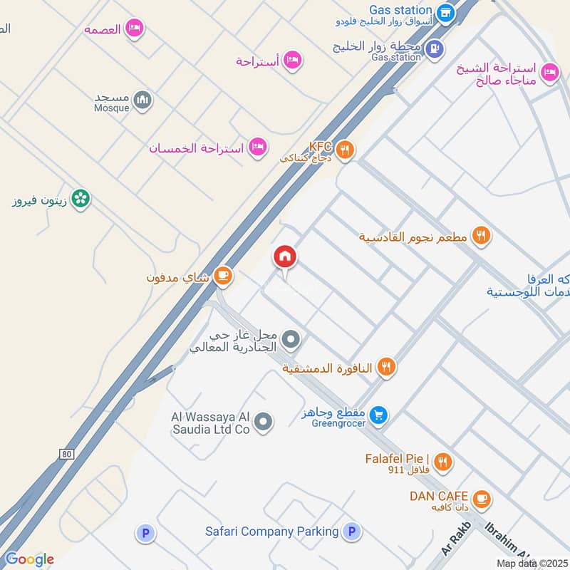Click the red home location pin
285,257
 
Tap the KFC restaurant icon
345,150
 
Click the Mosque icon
142,100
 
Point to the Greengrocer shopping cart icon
379,414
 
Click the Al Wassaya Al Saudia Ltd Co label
210,423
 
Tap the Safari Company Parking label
271,532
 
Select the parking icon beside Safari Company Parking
351,532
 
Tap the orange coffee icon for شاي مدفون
223,276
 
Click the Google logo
28,559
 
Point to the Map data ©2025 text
532,563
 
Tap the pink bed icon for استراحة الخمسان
259,147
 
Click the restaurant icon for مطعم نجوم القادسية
482,236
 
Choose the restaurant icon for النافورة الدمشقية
386,367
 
